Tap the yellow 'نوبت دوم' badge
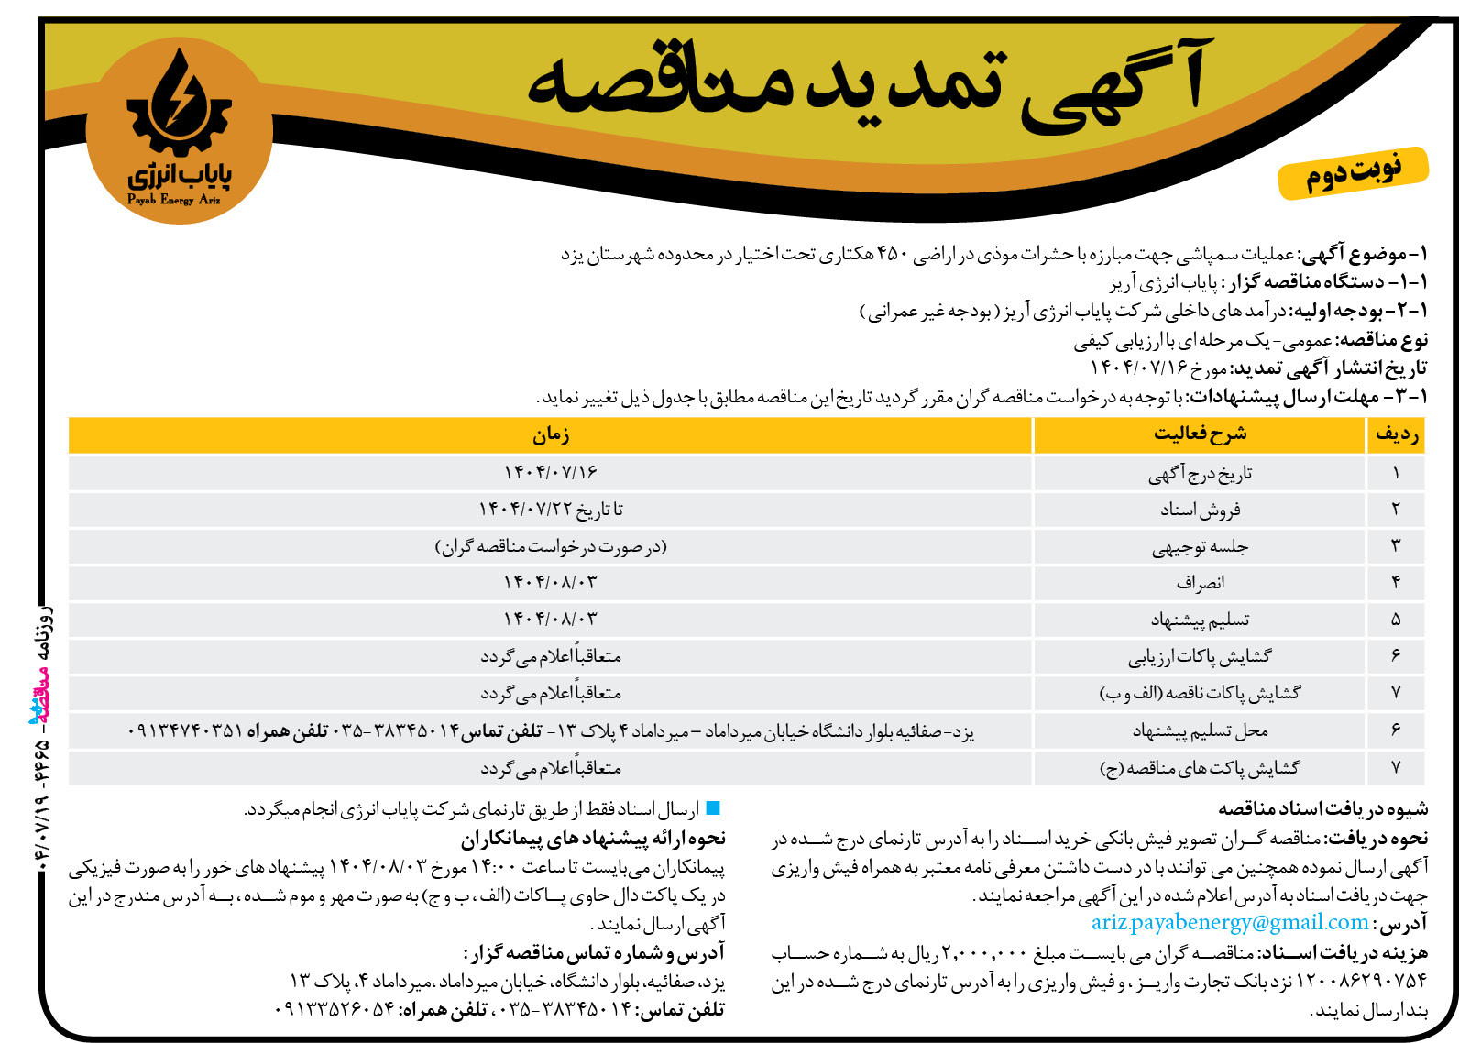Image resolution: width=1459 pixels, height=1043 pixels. [x=1353, y=172]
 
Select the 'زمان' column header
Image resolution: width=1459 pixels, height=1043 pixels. [x=551, y=435]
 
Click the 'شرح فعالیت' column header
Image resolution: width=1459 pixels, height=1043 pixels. [x=1200, y=434]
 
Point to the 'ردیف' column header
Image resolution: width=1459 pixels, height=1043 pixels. [x=1397, y=435]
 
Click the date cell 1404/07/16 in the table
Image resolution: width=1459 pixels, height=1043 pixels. [x=551, y=472]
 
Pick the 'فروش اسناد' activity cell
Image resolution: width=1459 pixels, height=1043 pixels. [x=1200, y=510]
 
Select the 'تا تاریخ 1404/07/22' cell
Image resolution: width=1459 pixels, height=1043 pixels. [x=551, y=510]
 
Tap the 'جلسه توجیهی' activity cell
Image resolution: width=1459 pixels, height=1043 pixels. [x=1200, y=547]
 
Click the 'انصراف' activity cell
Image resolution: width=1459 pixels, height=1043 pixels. [x=1200, y=583]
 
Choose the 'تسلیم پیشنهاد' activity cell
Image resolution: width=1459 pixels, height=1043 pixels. [x=1200, y=620]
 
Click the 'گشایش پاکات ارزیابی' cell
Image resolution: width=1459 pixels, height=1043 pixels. [x=1200, y=657]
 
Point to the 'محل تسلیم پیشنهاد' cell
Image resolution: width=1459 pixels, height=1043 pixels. [x=1200, y=731]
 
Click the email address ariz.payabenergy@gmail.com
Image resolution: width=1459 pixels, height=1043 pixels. [x=1229, y=923]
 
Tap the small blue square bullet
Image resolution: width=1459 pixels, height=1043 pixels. [x=713, y=808]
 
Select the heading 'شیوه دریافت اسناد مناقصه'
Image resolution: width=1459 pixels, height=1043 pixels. [x=1322, y=808]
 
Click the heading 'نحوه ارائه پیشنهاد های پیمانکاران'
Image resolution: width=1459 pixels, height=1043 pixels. [x=593, y=838]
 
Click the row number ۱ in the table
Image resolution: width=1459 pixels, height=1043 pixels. [x=1396, y=473]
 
